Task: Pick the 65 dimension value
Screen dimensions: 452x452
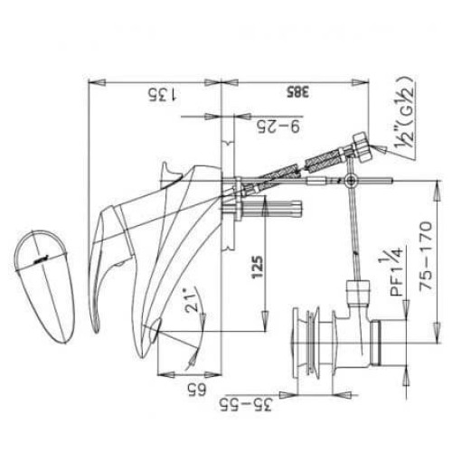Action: coord(192,390)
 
